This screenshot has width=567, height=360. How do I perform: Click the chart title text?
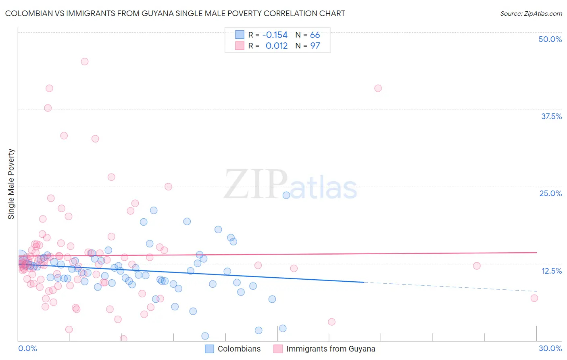(x=175, y=13)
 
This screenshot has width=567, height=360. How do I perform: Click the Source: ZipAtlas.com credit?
(x=531, y=13)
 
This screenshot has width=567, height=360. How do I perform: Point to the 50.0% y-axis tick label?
(x=550, y=39)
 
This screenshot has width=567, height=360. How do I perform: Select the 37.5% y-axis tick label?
(x=551, y=116)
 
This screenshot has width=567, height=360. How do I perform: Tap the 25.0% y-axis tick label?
(x=550, y=193)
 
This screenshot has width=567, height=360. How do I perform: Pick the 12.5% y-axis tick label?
(x=551, y=270)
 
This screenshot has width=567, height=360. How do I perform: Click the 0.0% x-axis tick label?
(x=27, y=348)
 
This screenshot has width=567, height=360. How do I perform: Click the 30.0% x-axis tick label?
(x=550, y=348)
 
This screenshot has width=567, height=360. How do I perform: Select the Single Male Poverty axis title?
(x=11, y=184)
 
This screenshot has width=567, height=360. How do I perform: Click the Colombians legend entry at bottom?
(x=233, y=349)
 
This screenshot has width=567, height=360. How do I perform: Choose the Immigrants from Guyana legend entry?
(x=324, y=349)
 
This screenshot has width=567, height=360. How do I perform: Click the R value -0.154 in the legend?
(x=275, y=35)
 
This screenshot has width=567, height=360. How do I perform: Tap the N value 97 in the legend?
(x=315, y=46)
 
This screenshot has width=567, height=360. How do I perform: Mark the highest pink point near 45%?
(x=85, y=61)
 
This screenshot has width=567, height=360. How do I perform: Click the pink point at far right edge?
(x=534, y=298)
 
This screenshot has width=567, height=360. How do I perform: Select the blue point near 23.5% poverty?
(x=286, y=195)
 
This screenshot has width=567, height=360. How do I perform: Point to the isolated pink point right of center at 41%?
(x=378, y=88)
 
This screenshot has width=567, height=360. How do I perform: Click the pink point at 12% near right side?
(x=477, y=266)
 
